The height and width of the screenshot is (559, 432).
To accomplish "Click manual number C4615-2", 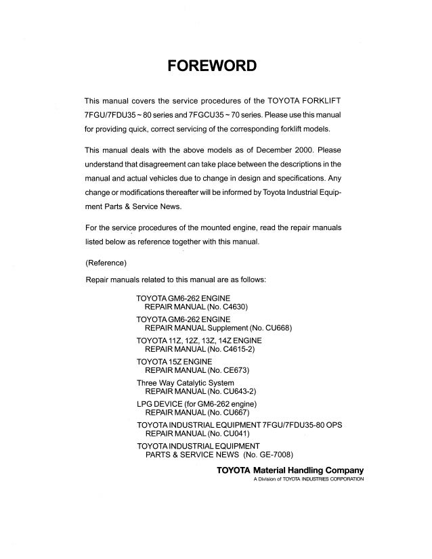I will click(x=234, y=351).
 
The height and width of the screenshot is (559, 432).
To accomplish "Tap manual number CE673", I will click(x=229, y=372).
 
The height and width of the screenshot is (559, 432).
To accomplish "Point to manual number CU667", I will click(x=229, y=414).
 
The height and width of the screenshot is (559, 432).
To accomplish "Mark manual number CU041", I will click(x=229, y=435).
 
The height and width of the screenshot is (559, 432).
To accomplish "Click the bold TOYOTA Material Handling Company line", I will click(x=290, y=470).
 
